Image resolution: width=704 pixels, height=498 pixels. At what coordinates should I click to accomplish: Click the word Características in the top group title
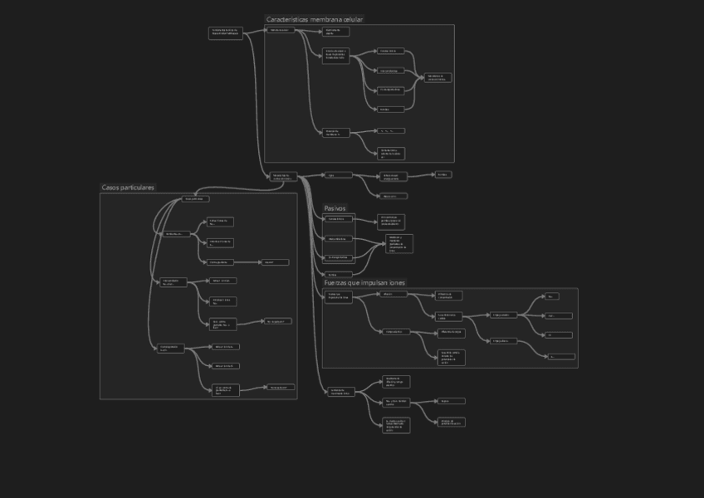click(286, 19)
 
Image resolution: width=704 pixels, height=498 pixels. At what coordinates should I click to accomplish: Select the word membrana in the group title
click(326, 19)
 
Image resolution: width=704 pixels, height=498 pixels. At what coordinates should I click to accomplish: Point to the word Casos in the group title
click(111, 188)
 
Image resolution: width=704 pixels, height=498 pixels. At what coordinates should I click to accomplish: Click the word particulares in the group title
click(139, 188)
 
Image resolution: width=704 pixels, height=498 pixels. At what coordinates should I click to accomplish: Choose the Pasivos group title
click(335, 208)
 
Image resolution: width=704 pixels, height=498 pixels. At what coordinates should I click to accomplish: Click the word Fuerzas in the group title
click(338, 283)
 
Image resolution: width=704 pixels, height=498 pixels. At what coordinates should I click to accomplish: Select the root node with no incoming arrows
click(225, 32)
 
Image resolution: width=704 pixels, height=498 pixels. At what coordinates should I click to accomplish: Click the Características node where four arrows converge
click(438, 77)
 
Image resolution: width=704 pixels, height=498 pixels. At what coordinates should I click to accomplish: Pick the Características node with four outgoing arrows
click(336, 55)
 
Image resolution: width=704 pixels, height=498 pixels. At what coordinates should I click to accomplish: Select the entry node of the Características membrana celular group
click(281, 30)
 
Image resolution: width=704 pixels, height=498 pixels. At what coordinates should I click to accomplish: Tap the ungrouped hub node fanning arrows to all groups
click(282, 176)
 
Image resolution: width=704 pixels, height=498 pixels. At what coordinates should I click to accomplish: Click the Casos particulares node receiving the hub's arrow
click(194, 199)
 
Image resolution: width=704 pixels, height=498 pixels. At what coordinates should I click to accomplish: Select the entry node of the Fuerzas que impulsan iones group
click(337, 295)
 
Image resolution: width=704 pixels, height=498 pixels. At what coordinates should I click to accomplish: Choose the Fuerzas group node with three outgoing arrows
click(451, 315)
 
